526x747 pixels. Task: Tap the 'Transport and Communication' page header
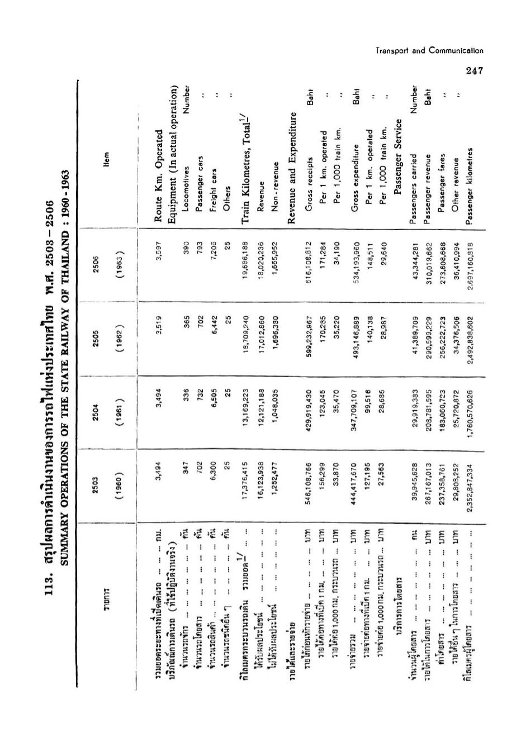click(x=429, y=50)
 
